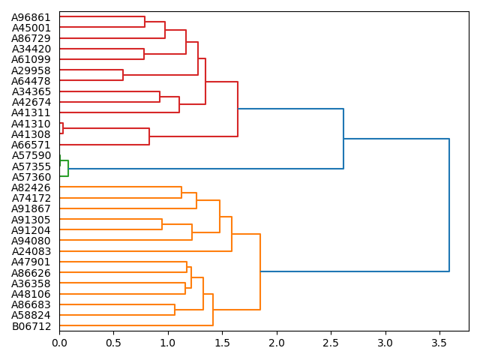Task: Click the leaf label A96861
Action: (x=31, y=16)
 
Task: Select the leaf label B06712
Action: (x=31, y=326)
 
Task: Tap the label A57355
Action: (x=31, y=166)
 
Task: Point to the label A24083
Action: (x=31, y=251)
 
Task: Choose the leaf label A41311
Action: (x=31, y=112)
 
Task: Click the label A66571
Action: (x=31, y=145)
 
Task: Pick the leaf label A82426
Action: (x=31, y=187)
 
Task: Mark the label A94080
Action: (x=31, y=241)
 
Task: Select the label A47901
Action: (x=31, y=262)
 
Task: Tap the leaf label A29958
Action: (x=31, y=70)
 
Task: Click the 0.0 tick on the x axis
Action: (x=59, y=342)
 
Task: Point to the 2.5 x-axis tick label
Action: (x=331, y=342)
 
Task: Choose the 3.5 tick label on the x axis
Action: (x=439, y=342)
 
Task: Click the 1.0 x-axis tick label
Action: (x=168, y=342)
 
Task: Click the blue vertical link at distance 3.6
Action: (x=449, y=205)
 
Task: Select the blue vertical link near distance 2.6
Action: (x=343, y=139)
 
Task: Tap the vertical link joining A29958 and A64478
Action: (x=123, y=75)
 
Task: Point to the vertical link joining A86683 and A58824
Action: (x=175, y=310)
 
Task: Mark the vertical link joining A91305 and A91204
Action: (x=162, y=224)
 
